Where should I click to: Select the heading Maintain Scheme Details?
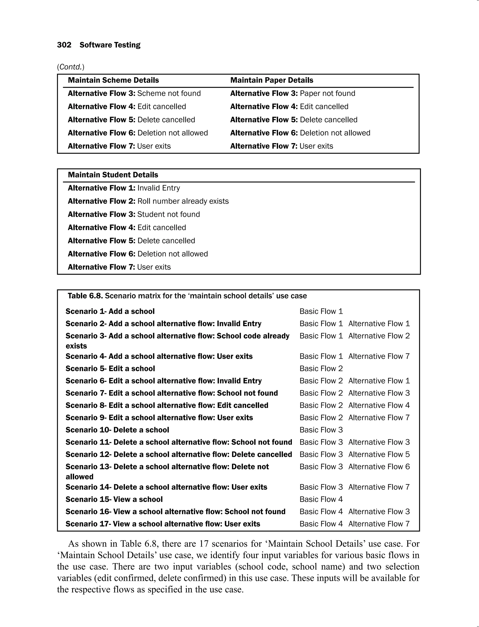(113, 80)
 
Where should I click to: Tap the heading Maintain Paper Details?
(272, 80)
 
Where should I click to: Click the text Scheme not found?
(169, 94)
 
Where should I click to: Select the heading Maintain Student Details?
(113, 175)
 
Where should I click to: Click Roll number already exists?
(183, 201)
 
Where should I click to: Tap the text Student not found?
(168, 214)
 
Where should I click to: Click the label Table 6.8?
(85, 296)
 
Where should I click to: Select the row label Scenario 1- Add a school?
(110, 311)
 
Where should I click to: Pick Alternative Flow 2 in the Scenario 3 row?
(379, 336)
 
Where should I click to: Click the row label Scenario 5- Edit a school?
(110, 368)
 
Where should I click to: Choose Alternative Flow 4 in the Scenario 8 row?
(379, 405)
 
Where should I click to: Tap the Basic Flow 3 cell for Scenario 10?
(321, 430)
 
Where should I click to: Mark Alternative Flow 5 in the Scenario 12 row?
(379, 454)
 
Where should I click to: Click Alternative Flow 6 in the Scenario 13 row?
(379, 467)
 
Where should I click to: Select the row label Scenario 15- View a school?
(114, 499)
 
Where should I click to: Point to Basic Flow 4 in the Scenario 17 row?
(321, 524)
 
